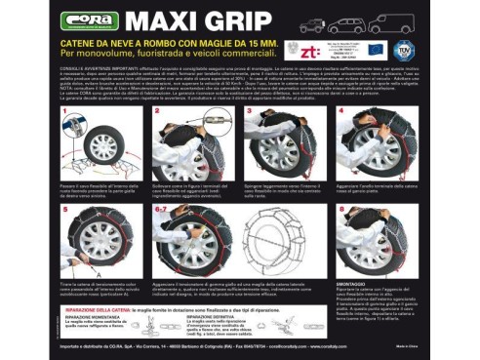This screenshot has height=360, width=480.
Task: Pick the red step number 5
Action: coord(65,209)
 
